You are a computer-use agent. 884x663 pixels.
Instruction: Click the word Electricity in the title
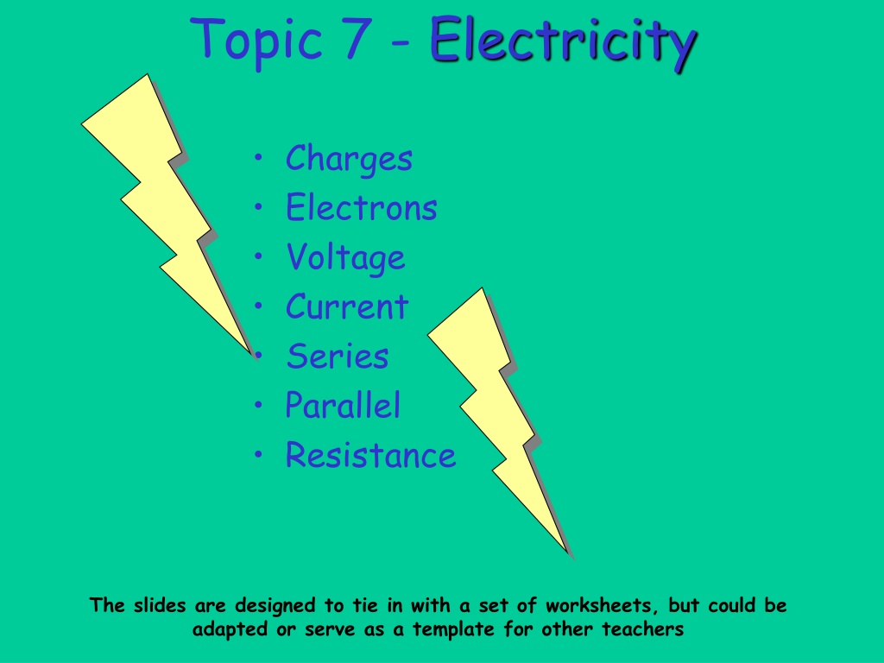pyautogui.click(x=563, y=41)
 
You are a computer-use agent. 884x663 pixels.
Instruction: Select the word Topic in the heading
pyautogui.click(x=256, y=41)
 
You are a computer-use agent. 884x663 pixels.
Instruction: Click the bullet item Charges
pyautogui.click(x=349, y=159)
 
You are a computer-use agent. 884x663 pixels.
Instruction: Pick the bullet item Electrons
pyautogui.click(x=362, y=207)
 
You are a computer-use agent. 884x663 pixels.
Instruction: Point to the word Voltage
pyautogui.click(x=345, y=257)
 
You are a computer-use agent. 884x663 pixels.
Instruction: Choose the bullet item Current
pyautogui.click(x=347, y=306)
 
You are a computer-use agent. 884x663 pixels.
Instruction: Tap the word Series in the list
pyautogui.click(x=338, y=357)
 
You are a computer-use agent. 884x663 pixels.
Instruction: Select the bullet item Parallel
pyautogui.click(x=343, y=405)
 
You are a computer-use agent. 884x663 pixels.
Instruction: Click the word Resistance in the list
pyautogui.click(x=370, y=455)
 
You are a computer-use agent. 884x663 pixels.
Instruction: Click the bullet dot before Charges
pyautogui.click(x=258, y=157)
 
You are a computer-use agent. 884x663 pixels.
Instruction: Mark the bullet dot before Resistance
pyautogui.click(x=258, y=454)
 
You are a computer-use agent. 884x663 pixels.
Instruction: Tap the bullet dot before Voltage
pyautogui.click(x=258, y=256)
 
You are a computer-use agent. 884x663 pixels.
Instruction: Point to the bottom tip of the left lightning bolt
pyautogui.click(x=251, y=353)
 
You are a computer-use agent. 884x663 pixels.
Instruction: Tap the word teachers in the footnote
pyautogui.click(x=642, y=628)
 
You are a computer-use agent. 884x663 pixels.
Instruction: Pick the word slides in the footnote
pyautogui.click(x=160, y=605)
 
